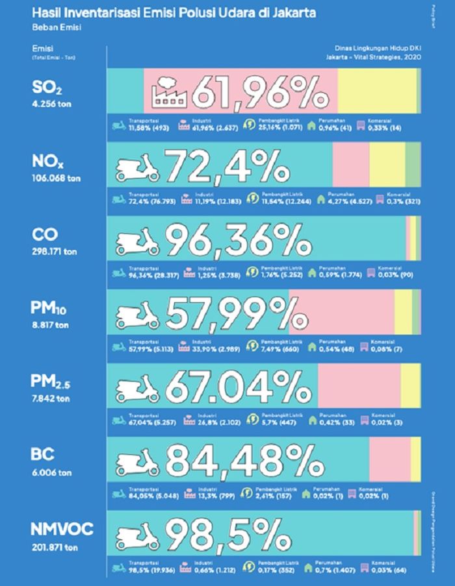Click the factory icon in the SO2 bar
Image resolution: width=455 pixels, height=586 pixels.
(168, 92)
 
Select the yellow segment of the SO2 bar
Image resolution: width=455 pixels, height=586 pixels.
(377, 92)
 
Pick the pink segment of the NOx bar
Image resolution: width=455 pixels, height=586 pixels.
(350, 167)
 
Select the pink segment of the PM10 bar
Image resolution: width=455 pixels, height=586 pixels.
(351, 313)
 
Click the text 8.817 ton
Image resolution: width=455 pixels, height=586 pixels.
(49, 324)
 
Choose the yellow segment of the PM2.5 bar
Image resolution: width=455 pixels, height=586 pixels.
(410, 387)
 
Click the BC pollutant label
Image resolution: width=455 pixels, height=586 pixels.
(42, 455)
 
